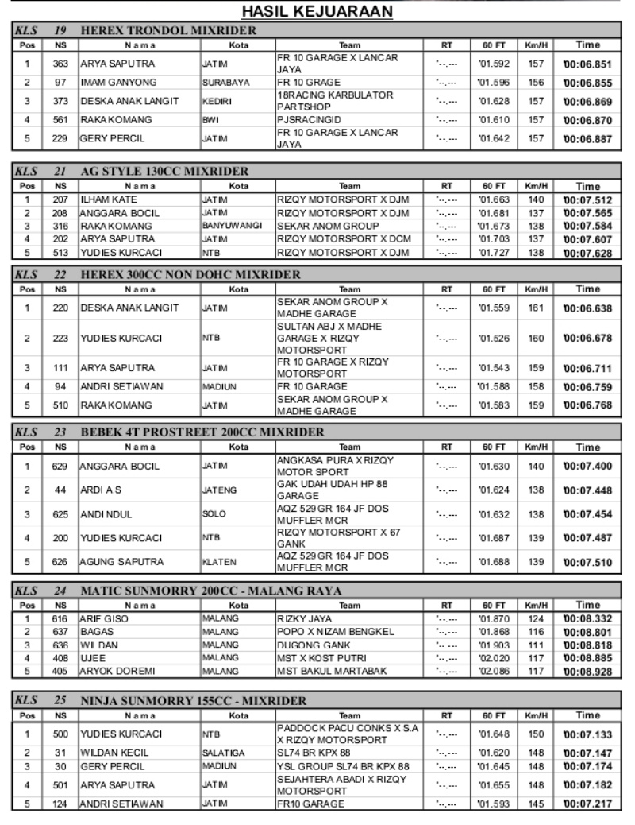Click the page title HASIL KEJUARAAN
point(317,12)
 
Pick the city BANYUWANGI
point(232,226)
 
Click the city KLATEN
point(217,563)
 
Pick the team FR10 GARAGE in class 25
point(310,804)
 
